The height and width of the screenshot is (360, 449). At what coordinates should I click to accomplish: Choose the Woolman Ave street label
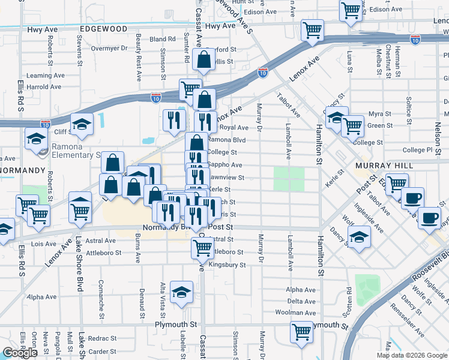pyautogui.click(x=295, y=313)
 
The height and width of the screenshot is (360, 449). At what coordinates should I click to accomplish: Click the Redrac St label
pyautogui.click(x=101, y=338)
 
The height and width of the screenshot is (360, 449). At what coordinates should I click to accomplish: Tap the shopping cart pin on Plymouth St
pyautogui.click(x=301, y=332)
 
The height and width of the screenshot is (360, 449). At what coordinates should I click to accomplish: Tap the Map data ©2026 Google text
pyautogui.click(x=411, y=355)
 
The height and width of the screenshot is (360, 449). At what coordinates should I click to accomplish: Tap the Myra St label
pyautogui.click(x=379, y=113)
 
